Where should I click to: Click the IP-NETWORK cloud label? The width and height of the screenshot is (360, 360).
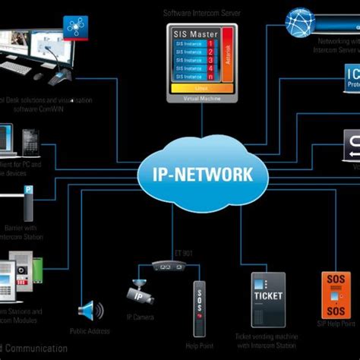tap(197, 174)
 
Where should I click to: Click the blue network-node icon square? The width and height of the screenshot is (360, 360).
tap(77, 24)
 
